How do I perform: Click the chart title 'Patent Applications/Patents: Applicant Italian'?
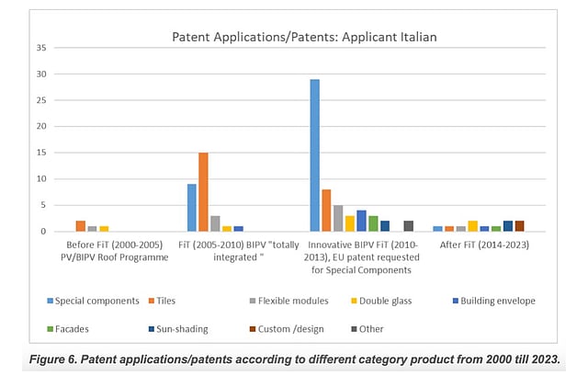(304, 38)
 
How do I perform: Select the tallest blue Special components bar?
(315, 155)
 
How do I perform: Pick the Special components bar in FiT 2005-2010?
(191, 208)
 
